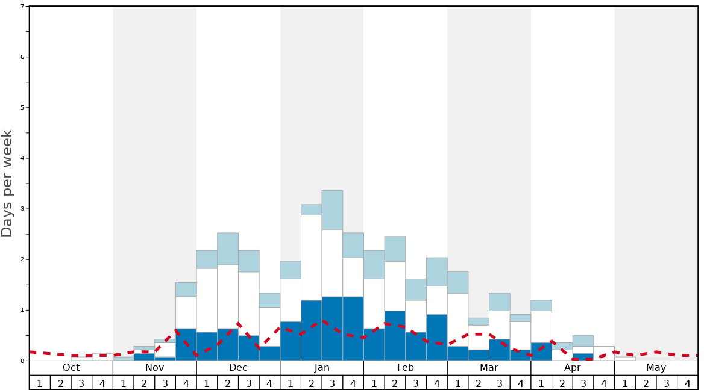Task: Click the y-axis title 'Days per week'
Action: click(7, 183)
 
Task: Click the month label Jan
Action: click(322, 368)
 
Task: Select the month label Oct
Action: click(71, 368)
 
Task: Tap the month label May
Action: click(656, 368)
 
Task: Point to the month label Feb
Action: click(406, 368)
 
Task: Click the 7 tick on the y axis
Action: click(22, 7)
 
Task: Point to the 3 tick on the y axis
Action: click(22, 209)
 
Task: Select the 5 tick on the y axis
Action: click(22, 108)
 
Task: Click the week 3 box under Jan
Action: click(332, 383)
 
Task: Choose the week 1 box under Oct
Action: click(40, 383)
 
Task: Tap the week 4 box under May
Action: click(687, 383)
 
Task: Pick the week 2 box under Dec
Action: click(228, 383)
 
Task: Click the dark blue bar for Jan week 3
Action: click(332, 329)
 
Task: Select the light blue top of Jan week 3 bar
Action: click(332, 210)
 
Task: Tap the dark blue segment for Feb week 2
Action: click(395, 335)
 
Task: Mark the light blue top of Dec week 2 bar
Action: click(228, 249)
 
